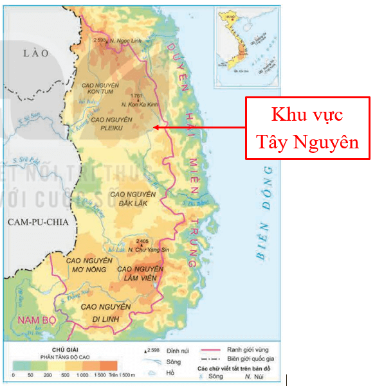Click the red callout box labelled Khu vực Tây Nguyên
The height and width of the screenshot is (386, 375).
point(307,128)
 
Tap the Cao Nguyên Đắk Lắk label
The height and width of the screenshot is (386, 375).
point(133,198)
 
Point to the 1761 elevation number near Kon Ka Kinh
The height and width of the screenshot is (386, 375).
point(135,96)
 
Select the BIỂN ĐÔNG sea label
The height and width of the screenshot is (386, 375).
point(266,212)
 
